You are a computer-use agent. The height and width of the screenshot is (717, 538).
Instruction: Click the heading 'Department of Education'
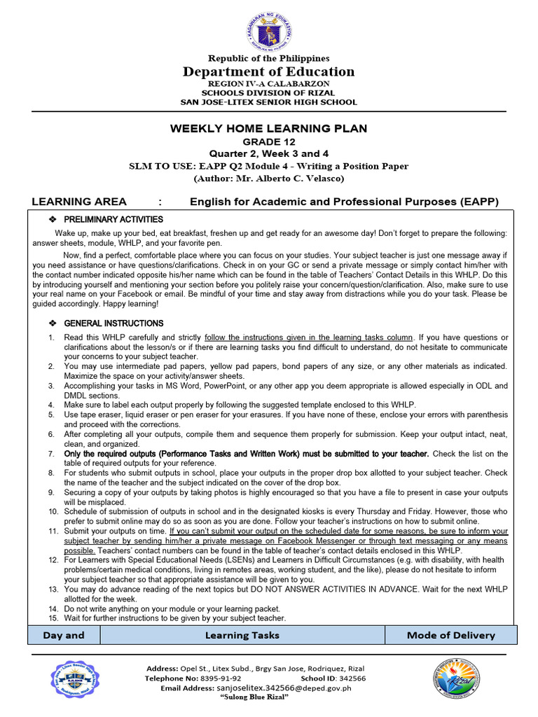[268, 71]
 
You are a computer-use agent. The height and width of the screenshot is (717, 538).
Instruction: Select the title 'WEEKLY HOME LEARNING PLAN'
[268, 128]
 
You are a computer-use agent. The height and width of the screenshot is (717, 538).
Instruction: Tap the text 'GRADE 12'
[268, 141]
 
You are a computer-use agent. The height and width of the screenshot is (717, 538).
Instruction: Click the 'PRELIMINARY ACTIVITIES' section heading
[113, 220]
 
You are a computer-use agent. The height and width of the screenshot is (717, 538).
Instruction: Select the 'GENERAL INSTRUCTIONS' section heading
[113, 323]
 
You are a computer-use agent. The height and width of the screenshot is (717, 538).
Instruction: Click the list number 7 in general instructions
[51, 454]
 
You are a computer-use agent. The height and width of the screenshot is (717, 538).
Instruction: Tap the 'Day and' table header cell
[63, 635]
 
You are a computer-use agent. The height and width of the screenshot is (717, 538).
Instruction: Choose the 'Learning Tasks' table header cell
[242, 635]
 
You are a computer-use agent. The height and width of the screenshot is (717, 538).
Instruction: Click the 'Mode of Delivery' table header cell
[450, 635]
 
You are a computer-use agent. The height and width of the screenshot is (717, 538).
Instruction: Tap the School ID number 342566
[351, 678]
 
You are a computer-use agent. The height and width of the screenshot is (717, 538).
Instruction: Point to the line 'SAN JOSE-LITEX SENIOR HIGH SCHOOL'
[268, 102]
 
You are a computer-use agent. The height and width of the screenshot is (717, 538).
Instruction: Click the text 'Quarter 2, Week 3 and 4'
[268, 153]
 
